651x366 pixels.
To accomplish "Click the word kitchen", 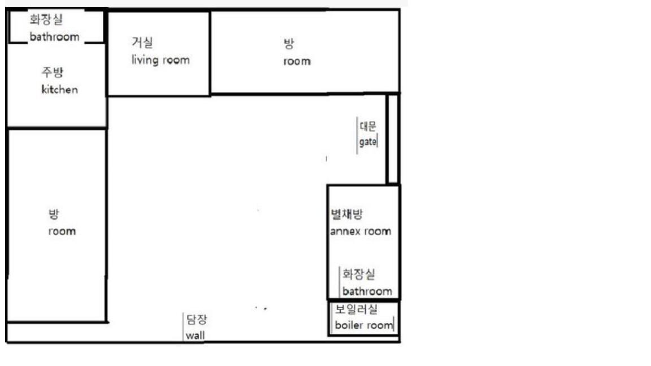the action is [x=59, y=89].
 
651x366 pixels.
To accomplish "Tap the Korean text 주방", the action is [x=53, y=72].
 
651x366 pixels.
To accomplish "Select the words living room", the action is [x=160, y=60].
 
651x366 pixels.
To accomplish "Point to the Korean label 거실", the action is [x=142, y=42].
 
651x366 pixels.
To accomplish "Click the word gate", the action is [x=368, y=142].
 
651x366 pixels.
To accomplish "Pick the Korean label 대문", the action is [x=368, y=126].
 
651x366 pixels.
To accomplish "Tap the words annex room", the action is [x=361, y=231].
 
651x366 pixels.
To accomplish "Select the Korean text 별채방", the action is [x=346, y=214].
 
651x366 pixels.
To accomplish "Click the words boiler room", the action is [x=364, y=325].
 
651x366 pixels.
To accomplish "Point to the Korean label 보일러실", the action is [x=356, y=309].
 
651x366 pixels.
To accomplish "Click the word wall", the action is [x=195, y=335].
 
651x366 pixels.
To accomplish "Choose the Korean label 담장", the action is [x=197, y=319].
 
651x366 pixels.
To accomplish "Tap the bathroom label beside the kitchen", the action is [x=54, y=37].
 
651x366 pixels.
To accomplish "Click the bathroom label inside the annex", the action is [x=367, y=291].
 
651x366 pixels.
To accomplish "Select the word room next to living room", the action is [x=297, y=62].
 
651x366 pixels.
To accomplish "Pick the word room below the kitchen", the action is [x=62, y=231].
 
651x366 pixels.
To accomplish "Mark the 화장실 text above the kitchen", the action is [x=46, y=19].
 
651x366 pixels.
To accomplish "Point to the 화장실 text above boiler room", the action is [x=359, y=274].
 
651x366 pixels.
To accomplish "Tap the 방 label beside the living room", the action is [x=289, y=43].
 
